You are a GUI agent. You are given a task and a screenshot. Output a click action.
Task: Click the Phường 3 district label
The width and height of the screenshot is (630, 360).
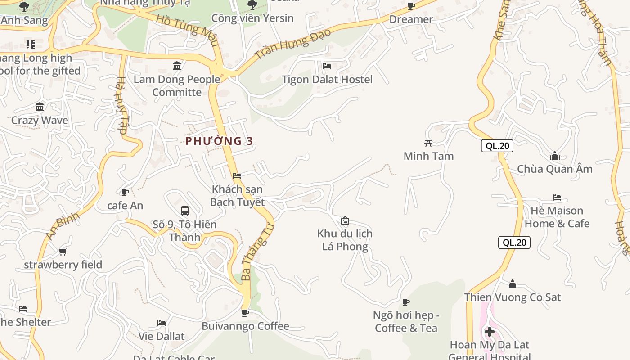(x=220, y=141)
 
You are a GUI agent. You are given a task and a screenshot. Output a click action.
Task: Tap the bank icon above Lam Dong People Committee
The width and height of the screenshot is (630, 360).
(x=177, y=66)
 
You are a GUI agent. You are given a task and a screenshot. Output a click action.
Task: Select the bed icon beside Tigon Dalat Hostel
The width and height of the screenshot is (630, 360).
(x=327, y=66)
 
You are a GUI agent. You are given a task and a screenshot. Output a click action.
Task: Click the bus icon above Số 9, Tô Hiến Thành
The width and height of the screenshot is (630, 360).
(x=184, y=211)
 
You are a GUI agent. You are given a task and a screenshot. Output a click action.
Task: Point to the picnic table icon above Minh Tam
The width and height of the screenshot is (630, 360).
(x=428, y=143)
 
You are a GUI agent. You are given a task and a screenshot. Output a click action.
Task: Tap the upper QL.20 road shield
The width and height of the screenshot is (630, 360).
(x=497, y=146)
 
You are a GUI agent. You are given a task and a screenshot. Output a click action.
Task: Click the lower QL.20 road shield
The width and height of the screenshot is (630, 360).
(x=514, y=243)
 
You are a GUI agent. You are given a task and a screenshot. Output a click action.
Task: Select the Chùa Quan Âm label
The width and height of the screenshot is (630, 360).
(x=554, y=169)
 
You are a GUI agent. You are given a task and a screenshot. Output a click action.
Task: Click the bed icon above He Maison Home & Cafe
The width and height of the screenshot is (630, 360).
(x=557, y=198)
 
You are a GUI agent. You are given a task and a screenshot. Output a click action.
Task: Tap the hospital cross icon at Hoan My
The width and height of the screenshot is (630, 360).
(x=490, y=332)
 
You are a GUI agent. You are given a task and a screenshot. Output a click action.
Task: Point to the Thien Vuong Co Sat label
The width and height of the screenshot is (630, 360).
(x=513, y=297)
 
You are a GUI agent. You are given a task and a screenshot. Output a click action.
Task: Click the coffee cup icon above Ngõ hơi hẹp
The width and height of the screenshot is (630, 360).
(x=406, y=302)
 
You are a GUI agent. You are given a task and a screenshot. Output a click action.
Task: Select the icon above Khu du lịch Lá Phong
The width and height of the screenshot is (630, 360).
(x=345, y=220)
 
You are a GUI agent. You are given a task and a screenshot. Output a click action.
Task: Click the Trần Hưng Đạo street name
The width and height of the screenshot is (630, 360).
(x=292, y=44)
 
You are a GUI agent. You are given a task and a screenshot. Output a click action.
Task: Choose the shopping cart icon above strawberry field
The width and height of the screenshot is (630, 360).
(x=63, y=252)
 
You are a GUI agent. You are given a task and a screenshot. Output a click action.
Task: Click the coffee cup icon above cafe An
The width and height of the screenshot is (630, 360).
(x=125, y=193)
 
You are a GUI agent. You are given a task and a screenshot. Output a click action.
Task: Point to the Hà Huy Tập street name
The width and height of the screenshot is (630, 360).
(x=122, y=106)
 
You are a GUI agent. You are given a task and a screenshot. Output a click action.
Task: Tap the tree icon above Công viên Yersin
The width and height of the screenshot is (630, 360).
(x=252, y=5)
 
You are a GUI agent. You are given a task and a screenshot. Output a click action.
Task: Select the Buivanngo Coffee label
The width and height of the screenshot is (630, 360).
(x=245, y=326)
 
